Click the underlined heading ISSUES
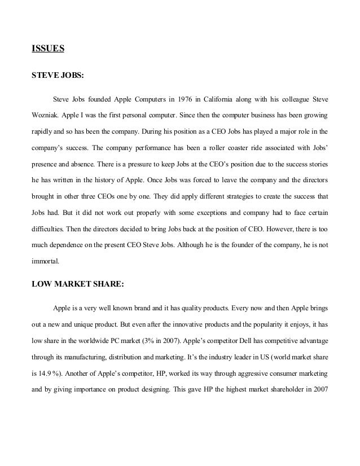48,49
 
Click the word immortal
46,262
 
